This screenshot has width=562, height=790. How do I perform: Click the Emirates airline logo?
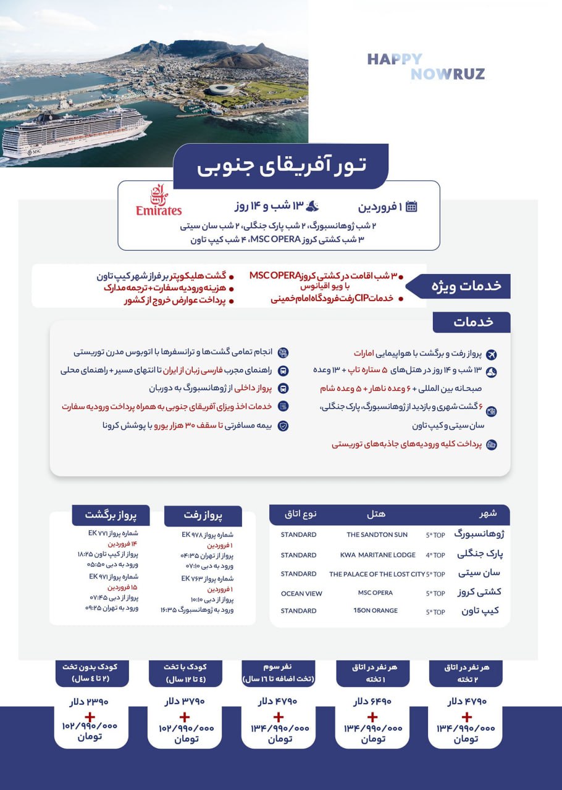[159, 201]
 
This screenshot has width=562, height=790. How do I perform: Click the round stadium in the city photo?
[225, 90]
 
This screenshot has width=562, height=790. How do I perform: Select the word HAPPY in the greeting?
[395, 60]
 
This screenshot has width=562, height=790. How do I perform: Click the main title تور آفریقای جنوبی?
[281, 165]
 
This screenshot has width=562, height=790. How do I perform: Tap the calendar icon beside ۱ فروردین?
[411, 207]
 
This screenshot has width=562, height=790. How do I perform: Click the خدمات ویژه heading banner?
[471, 286]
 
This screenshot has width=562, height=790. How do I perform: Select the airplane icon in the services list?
[492, 354]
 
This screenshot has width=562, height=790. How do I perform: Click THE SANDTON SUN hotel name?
[377, 534]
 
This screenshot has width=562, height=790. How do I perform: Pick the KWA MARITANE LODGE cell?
[378, 555]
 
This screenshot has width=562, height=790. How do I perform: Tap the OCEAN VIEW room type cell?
[301, 594]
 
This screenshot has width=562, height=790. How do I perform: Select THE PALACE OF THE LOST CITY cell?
[377, 574]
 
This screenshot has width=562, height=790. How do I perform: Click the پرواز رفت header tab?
[203, 515]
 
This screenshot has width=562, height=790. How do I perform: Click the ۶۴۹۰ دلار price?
[372, 702]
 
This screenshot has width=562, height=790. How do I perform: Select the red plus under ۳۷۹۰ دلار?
[184, 717]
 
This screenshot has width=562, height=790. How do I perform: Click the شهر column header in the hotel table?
[488, 513]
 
